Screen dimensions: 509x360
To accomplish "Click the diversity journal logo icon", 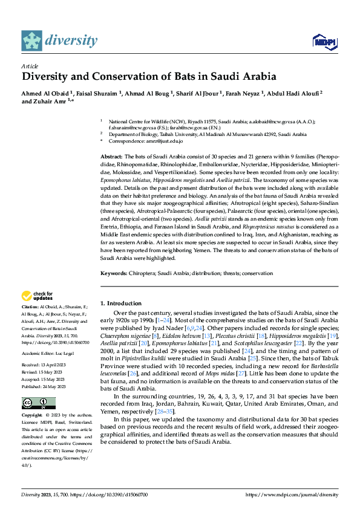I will tap(31, 41).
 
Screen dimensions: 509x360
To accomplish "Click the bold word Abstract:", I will tap(113, 157).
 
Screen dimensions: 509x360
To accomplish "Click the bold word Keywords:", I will tap(114, 273).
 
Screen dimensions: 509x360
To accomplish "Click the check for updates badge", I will tap(36, 296).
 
